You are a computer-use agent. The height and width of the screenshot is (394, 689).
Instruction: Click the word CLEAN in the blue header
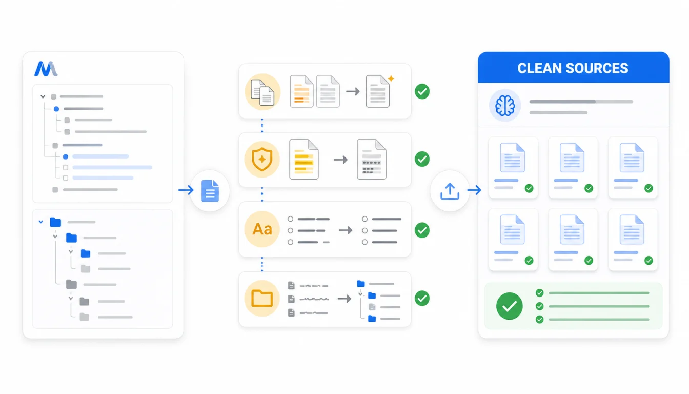(538, 68)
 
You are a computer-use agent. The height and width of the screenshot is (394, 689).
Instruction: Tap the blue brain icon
(505, 106)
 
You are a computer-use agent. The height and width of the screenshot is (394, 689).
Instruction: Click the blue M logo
(46, 69)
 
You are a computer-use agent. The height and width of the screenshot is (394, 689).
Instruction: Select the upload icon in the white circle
(450, 191)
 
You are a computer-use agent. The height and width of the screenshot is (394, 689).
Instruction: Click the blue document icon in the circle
(210, 191)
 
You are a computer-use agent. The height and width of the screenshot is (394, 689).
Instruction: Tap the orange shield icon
(262, 159)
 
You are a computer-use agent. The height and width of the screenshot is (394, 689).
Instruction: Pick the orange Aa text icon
(262, 229)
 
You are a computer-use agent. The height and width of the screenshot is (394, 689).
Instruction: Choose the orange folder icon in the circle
(262, 298)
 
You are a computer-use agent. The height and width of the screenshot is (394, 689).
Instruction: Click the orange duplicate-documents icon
(262, 92)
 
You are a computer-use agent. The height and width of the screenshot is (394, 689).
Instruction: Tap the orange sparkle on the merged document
(391, 78)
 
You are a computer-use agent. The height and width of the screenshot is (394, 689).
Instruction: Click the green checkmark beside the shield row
(422, 159)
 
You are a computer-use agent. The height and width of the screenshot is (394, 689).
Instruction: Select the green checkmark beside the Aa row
(422, 230)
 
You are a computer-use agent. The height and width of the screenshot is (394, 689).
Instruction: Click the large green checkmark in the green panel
(510, 306)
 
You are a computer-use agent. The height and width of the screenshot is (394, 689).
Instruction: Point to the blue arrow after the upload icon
(474, 190)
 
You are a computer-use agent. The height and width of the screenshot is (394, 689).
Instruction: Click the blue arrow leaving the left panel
(186, 190)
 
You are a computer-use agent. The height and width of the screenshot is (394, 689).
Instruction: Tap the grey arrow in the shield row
(340, 160)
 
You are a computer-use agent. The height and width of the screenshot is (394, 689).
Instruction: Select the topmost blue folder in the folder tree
(55, 222)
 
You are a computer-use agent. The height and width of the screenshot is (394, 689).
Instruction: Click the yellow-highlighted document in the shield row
(304, 159)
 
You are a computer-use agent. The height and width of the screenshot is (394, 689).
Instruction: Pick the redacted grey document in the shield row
(372, 159)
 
